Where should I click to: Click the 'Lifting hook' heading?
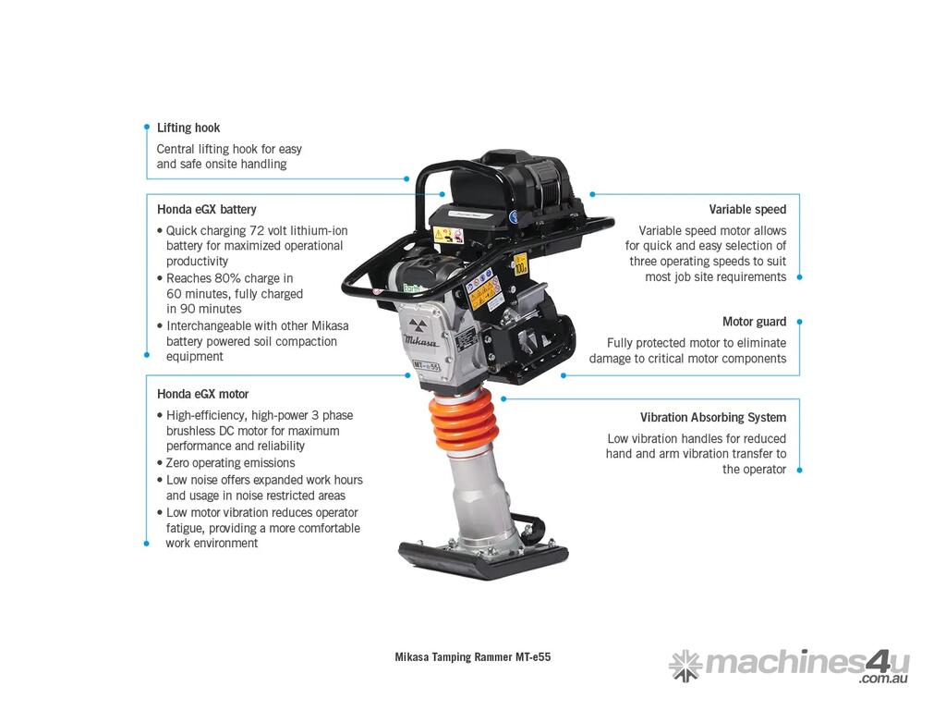click(x=188, y=128)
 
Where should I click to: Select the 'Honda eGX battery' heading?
click(x=206, y=210)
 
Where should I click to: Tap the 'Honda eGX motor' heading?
click(x=202, y=394)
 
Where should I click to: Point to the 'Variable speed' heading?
click(x=747, y=210)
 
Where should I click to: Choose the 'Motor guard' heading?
click(x=754, y=322)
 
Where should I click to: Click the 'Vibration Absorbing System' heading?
click(x=713, y=417)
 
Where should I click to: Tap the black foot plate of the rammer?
click(x=482, y=559)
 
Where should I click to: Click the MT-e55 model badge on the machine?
click(x=427, y=365)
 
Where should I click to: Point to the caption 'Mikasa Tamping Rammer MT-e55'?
click(x=472, y=657)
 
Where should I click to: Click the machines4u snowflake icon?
click(x=685, y=666)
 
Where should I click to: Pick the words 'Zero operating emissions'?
click(x=230, y=463)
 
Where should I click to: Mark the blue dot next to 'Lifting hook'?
click(x=147, y=128)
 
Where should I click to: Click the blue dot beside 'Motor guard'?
click(x=799, y=322)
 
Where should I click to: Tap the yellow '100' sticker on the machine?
click(x=520, y=264)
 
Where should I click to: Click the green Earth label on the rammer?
click(x=413, y=288)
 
